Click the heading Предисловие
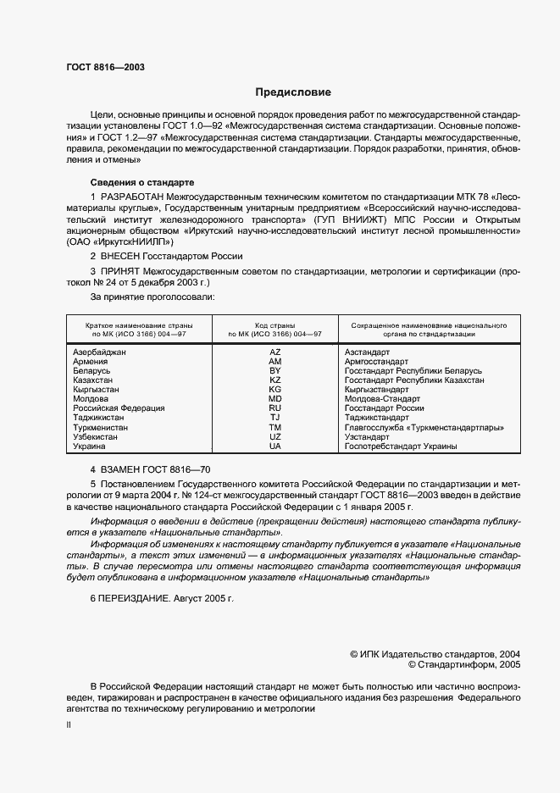(293, 92)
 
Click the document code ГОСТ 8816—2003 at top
(104, 66)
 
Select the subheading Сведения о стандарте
(142, 182)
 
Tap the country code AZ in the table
(274, 352)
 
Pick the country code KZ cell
(274, 380)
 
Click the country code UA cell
(274, 446)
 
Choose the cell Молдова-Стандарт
(376, 399)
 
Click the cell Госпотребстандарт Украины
(401, 446)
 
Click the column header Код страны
(274, 325)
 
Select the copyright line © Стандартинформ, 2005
(464, 665)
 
